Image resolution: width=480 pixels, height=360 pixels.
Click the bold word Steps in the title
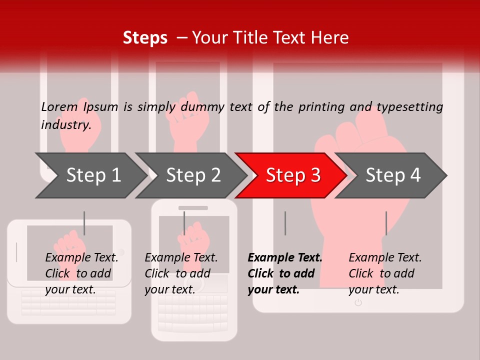145,38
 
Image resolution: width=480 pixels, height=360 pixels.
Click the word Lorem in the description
59,107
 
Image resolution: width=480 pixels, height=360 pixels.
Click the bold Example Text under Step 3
285,258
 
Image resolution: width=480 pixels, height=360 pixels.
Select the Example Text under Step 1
81,258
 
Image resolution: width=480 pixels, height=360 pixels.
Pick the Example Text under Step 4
385,258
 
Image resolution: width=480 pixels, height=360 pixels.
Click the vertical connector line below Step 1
84,223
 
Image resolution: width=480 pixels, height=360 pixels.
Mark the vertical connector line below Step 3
285,223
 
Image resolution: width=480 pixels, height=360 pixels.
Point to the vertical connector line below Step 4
386,223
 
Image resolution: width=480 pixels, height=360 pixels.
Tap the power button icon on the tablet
358,302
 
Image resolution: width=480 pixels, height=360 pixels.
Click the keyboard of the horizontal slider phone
69,302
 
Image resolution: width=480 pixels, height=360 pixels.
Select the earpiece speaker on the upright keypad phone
193,207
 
